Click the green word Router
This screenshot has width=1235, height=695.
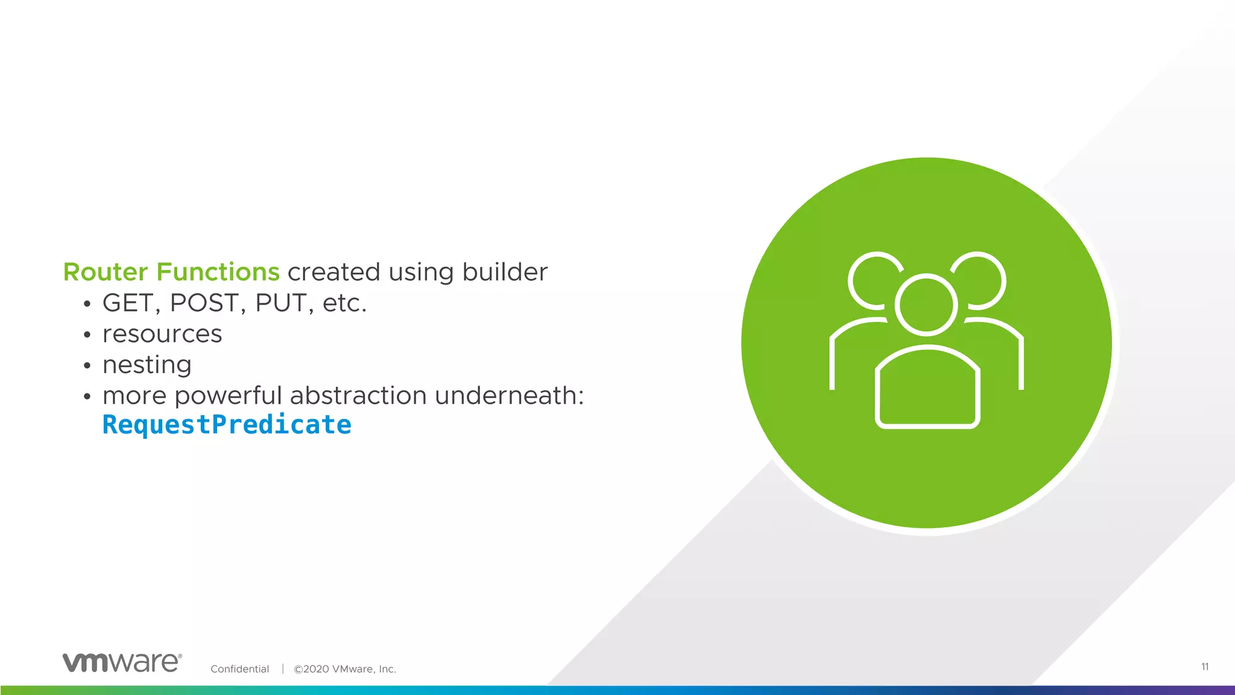pyautogui.click(x=106, y=272)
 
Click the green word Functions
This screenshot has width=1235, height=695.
pyautogui.click(x=218, y=272)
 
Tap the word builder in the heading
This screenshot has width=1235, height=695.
pyautogui.click(x=505, y=272)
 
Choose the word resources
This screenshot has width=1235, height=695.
pyautogui.click(x=162, y=334)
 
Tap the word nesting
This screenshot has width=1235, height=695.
pyautogui.click(x=147, y=365)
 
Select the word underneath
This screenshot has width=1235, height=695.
pyautogui.click(x=508, y=396)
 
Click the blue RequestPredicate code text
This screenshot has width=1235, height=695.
pyautogui.click(x=227, y=425)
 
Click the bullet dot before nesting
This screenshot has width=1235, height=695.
pyautogui.click(x=87, y=366)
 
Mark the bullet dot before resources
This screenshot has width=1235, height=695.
pyautogui.click(x=87, y=335)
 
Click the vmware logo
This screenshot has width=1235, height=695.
pyautogui.click(x=122, y=662)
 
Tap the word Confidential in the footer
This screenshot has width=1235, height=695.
pyautogui.click(x=239, y=669)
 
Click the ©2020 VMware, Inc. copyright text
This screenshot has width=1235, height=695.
pyautogui.click(x=344, y=669)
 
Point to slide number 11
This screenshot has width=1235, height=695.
pyautogui.click(x=1204, y=667)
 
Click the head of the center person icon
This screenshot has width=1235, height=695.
pyautogui.click(x=926, y=305)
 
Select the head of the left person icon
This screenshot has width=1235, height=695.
pyautogui.click(x=868, y=279)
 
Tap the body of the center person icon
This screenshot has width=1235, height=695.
pyautogui.click(x=927, y=389)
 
